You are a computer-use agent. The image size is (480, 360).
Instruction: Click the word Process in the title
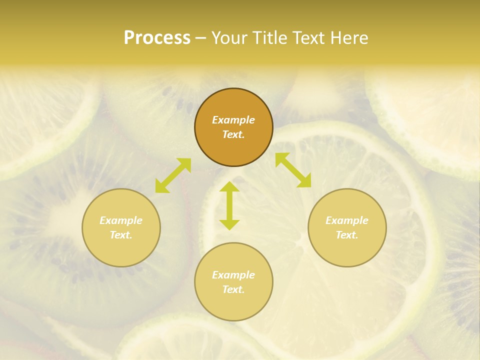point(157,38)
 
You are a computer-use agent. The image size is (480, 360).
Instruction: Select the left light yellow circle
point(121,247)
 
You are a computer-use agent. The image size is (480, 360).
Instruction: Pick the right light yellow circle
point(347,247)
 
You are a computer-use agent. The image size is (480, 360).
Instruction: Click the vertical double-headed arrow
point(229,205)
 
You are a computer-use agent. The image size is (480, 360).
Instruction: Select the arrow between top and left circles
point(173,175)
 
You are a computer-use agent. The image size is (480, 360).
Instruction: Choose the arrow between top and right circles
point(293,170)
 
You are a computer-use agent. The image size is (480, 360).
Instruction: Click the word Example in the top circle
point(233,120)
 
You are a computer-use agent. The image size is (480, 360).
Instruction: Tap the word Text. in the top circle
point(233,134)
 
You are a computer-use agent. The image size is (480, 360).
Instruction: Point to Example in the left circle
point(121,220)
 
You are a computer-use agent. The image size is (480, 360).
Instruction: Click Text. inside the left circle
point(121,235)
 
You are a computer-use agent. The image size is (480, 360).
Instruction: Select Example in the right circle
point(347,220)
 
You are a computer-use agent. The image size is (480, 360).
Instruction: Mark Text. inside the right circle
point(347,235)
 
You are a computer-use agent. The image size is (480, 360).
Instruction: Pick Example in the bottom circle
point(233,275)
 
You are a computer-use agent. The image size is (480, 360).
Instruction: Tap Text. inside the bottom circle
point(233,289)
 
